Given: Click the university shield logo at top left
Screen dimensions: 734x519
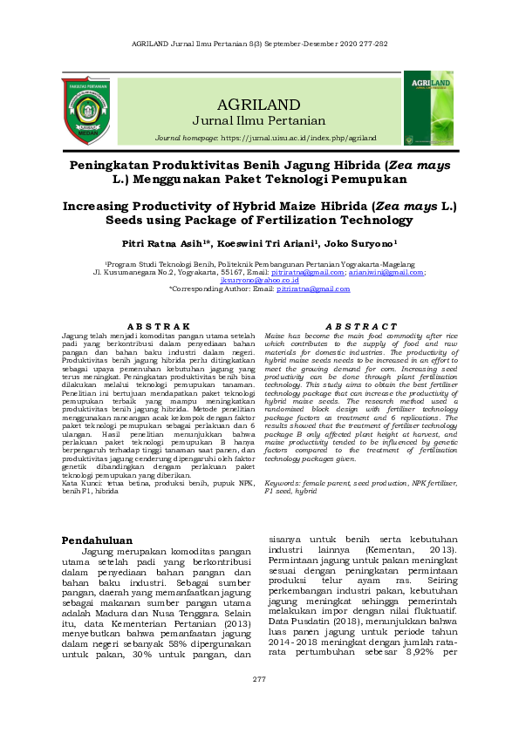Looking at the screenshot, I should pyautogui.click(x=85, y=111).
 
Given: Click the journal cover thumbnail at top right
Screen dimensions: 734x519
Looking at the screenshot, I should pyautogui.click(x=428, y=108).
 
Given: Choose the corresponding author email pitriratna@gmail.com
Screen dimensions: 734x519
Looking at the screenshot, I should pyautogui.click(x=312, y=289).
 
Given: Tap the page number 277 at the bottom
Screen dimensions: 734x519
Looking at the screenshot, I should pyautogui.click(x=259, y=703).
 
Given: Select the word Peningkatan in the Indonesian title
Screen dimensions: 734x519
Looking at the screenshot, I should pyautogui.click(x=118, y=164).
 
